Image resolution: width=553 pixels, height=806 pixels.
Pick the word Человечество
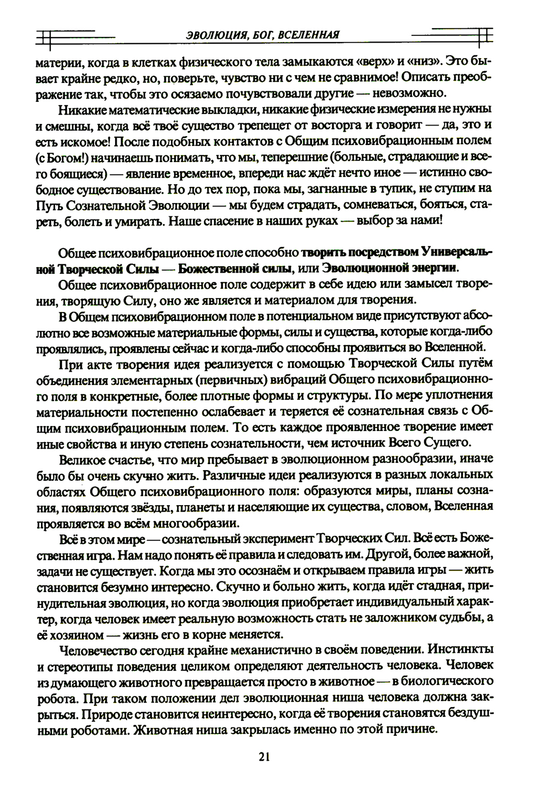click(x=100, y=649)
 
